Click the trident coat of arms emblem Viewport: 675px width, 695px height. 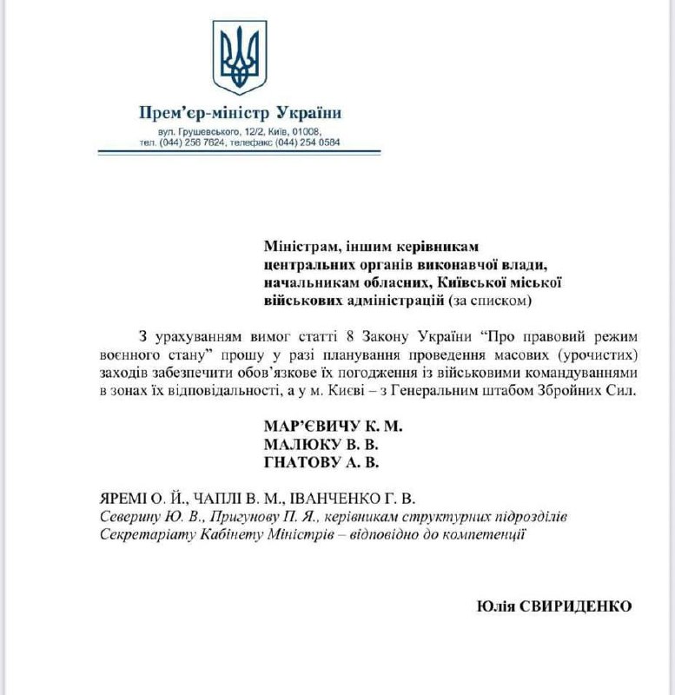[x=240, y=58]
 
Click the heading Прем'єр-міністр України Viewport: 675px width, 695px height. [x=240, y=113]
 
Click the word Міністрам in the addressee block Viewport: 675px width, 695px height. [x=297, y=246]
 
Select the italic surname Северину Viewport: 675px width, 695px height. [x=130, y=516]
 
